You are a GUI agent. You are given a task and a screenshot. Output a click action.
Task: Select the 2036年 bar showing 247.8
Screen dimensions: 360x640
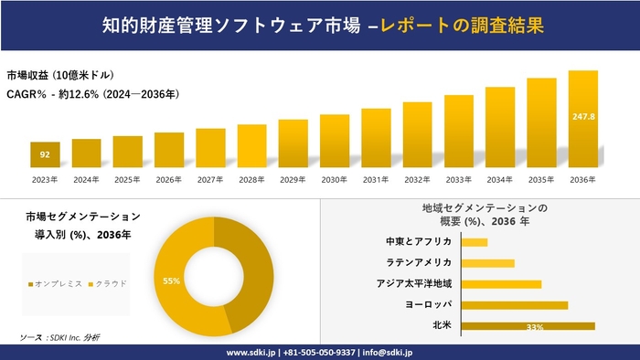583,119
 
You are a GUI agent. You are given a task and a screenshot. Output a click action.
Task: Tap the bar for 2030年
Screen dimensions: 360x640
335,142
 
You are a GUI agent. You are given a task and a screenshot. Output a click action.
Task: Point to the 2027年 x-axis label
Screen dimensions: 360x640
210,179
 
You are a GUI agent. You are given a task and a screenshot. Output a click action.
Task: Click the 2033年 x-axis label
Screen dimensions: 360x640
459,179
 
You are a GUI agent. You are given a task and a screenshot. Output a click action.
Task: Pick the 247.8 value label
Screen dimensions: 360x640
583,117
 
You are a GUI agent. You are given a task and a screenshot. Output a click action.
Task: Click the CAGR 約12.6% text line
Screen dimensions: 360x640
92,93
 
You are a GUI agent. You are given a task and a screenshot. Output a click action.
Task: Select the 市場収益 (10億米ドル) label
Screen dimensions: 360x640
60,75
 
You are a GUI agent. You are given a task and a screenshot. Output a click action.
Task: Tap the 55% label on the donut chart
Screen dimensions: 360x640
171,281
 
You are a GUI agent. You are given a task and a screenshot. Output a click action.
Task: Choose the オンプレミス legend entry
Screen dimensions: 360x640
56,283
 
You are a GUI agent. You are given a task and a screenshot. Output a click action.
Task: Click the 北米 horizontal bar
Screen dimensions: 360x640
528,326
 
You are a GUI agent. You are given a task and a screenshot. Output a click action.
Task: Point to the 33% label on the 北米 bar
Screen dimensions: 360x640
535,327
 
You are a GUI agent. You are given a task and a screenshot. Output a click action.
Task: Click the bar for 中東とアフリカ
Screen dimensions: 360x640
475,242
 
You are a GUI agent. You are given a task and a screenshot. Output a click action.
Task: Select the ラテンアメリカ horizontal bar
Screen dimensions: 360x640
488,263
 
